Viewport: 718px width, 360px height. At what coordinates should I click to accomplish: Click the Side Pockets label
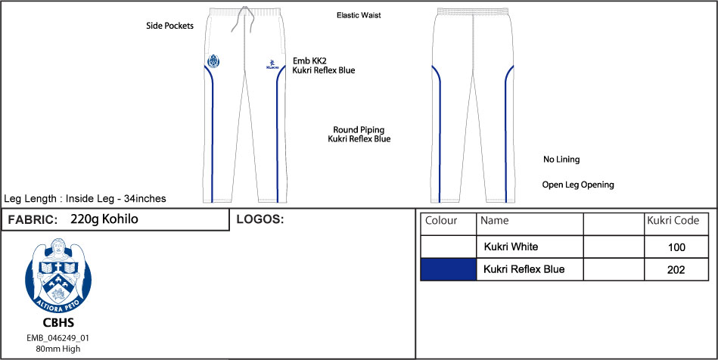click(169, 26)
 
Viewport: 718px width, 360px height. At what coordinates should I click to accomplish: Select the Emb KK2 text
click(309, 60)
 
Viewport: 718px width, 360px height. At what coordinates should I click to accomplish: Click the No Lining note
click(561, 160)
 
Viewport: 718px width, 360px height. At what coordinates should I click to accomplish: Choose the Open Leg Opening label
click(578, 185)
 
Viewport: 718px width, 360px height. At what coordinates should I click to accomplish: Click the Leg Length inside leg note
click(85, 199)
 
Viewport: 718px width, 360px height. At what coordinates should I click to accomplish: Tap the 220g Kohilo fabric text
click(104, 220)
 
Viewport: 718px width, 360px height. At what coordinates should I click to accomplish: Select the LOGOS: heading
click(260, 220)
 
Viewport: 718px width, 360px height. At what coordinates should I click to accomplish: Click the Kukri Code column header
click(676, 221)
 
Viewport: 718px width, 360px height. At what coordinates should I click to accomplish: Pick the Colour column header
click(442, 221)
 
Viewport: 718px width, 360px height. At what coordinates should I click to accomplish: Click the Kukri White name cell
click(521, 247)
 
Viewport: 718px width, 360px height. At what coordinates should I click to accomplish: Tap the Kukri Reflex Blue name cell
click(524, 269)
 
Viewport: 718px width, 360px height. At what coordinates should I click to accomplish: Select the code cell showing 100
click(676, 247)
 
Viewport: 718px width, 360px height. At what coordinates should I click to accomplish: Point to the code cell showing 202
click(676, 270)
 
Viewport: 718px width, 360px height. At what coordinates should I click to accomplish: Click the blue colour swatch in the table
click(448, 269)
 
